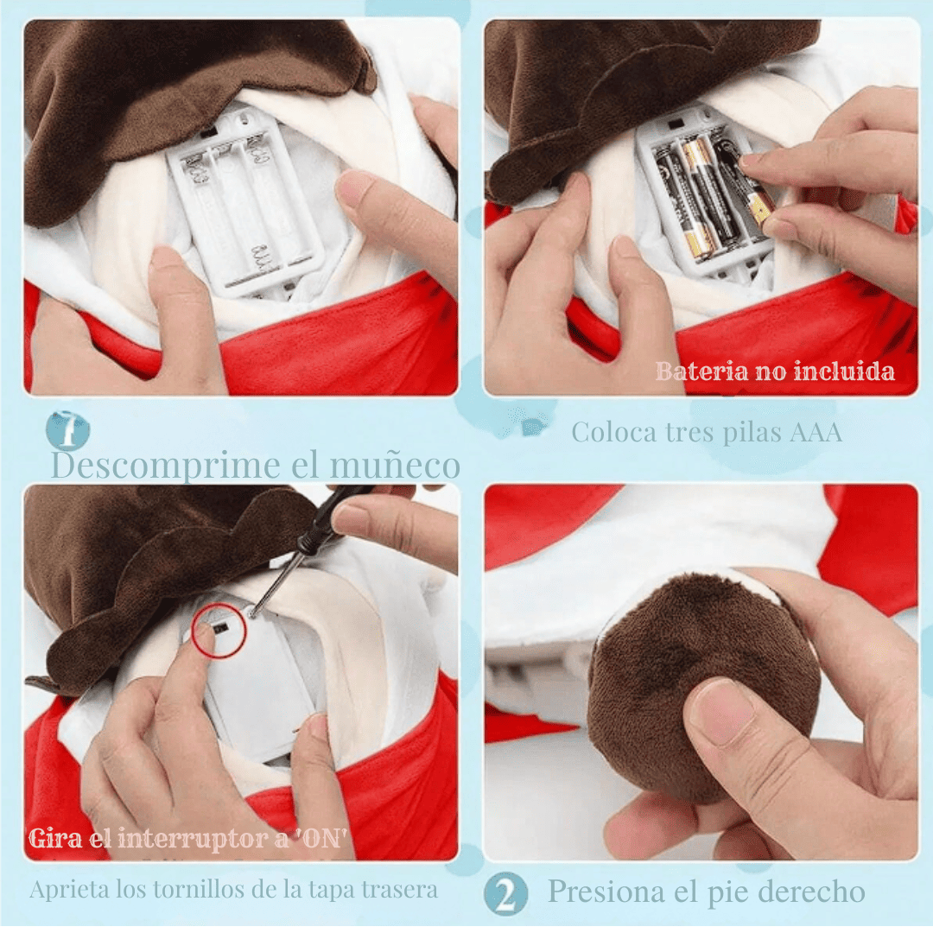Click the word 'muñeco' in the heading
click(x=395, y=466)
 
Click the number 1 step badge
click(x=68, y=429)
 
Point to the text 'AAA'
click(x=816, y=433)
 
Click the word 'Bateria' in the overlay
click(x=702, y=371)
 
